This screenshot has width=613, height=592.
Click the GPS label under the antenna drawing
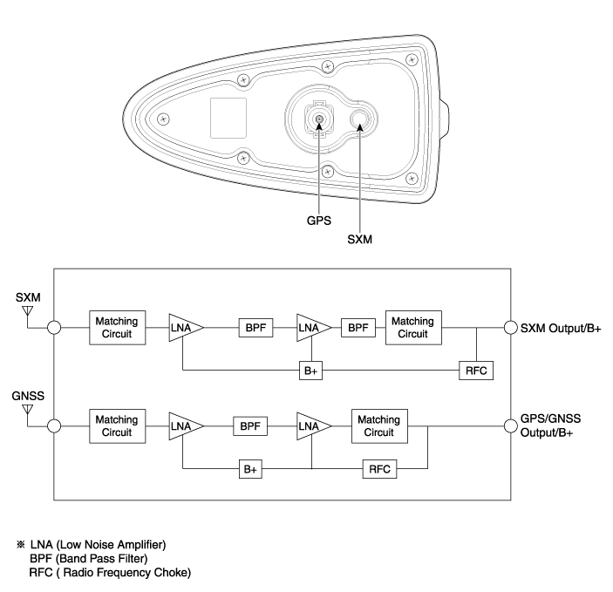point(320,221)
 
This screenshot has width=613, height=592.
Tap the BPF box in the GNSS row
point(250,426)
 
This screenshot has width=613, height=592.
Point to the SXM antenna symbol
point(26,311)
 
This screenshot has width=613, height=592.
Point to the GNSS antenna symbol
point(26,409)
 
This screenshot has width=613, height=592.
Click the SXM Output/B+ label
point(563,329)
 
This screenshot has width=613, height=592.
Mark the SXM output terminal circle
point(512,329)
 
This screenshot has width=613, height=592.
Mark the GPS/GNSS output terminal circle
point(512,426)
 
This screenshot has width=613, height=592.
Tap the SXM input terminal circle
point(54,329)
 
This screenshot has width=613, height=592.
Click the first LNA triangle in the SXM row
point(183,328)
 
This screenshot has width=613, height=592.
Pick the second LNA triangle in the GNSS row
point(311,426)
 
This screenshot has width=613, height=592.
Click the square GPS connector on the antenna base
point(320,121)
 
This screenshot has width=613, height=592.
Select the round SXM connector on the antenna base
point(360,119)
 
